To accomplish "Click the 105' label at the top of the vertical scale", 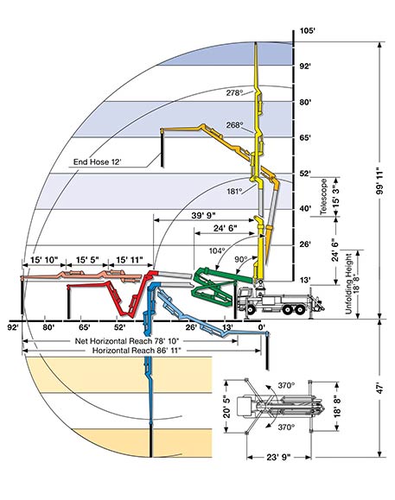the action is [x=307, y=31].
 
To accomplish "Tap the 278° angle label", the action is [x=234, y=92].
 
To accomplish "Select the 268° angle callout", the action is [x=234, y=125].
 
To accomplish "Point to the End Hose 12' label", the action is [x=98, y=162].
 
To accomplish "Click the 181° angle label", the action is [x=234, y=192].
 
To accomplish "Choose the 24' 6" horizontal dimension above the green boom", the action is [x=226, y=228].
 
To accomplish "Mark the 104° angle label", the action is [x=217, y=250].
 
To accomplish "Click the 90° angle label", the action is [x=241, y=259].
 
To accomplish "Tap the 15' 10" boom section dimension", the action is [x=44, y=260].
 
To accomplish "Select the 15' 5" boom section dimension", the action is [x=87, y=260].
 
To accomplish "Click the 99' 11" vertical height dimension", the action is [x=379, y=180].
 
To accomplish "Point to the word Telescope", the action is [x=324, y=196].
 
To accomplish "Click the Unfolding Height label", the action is [x=348, y=284].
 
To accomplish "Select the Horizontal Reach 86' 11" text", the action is [x=137, y=351].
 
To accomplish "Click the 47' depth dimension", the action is [x=379, y=389].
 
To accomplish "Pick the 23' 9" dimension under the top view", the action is [x=278, y=458].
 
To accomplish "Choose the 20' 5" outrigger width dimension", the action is [x=226, y=406].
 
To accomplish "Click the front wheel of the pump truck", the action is [x=251, y=309].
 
